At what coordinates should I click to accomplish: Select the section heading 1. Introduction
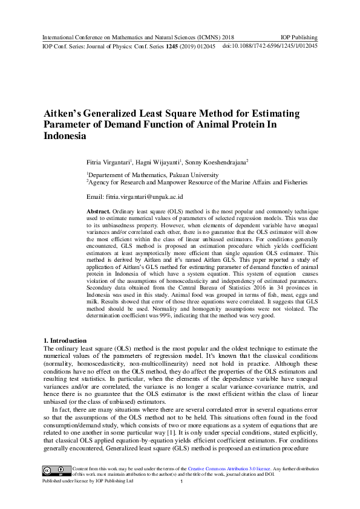click(65, 340)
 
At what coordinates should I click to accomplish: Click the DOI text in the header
click(270, 46)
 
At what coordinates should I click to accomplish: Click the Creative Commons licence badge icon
click(54, 470)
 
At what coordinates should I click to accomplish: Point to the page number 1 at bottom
click(182, 482)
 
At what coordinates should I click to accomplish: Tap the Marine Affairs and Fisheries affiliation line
click(197, 181)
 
